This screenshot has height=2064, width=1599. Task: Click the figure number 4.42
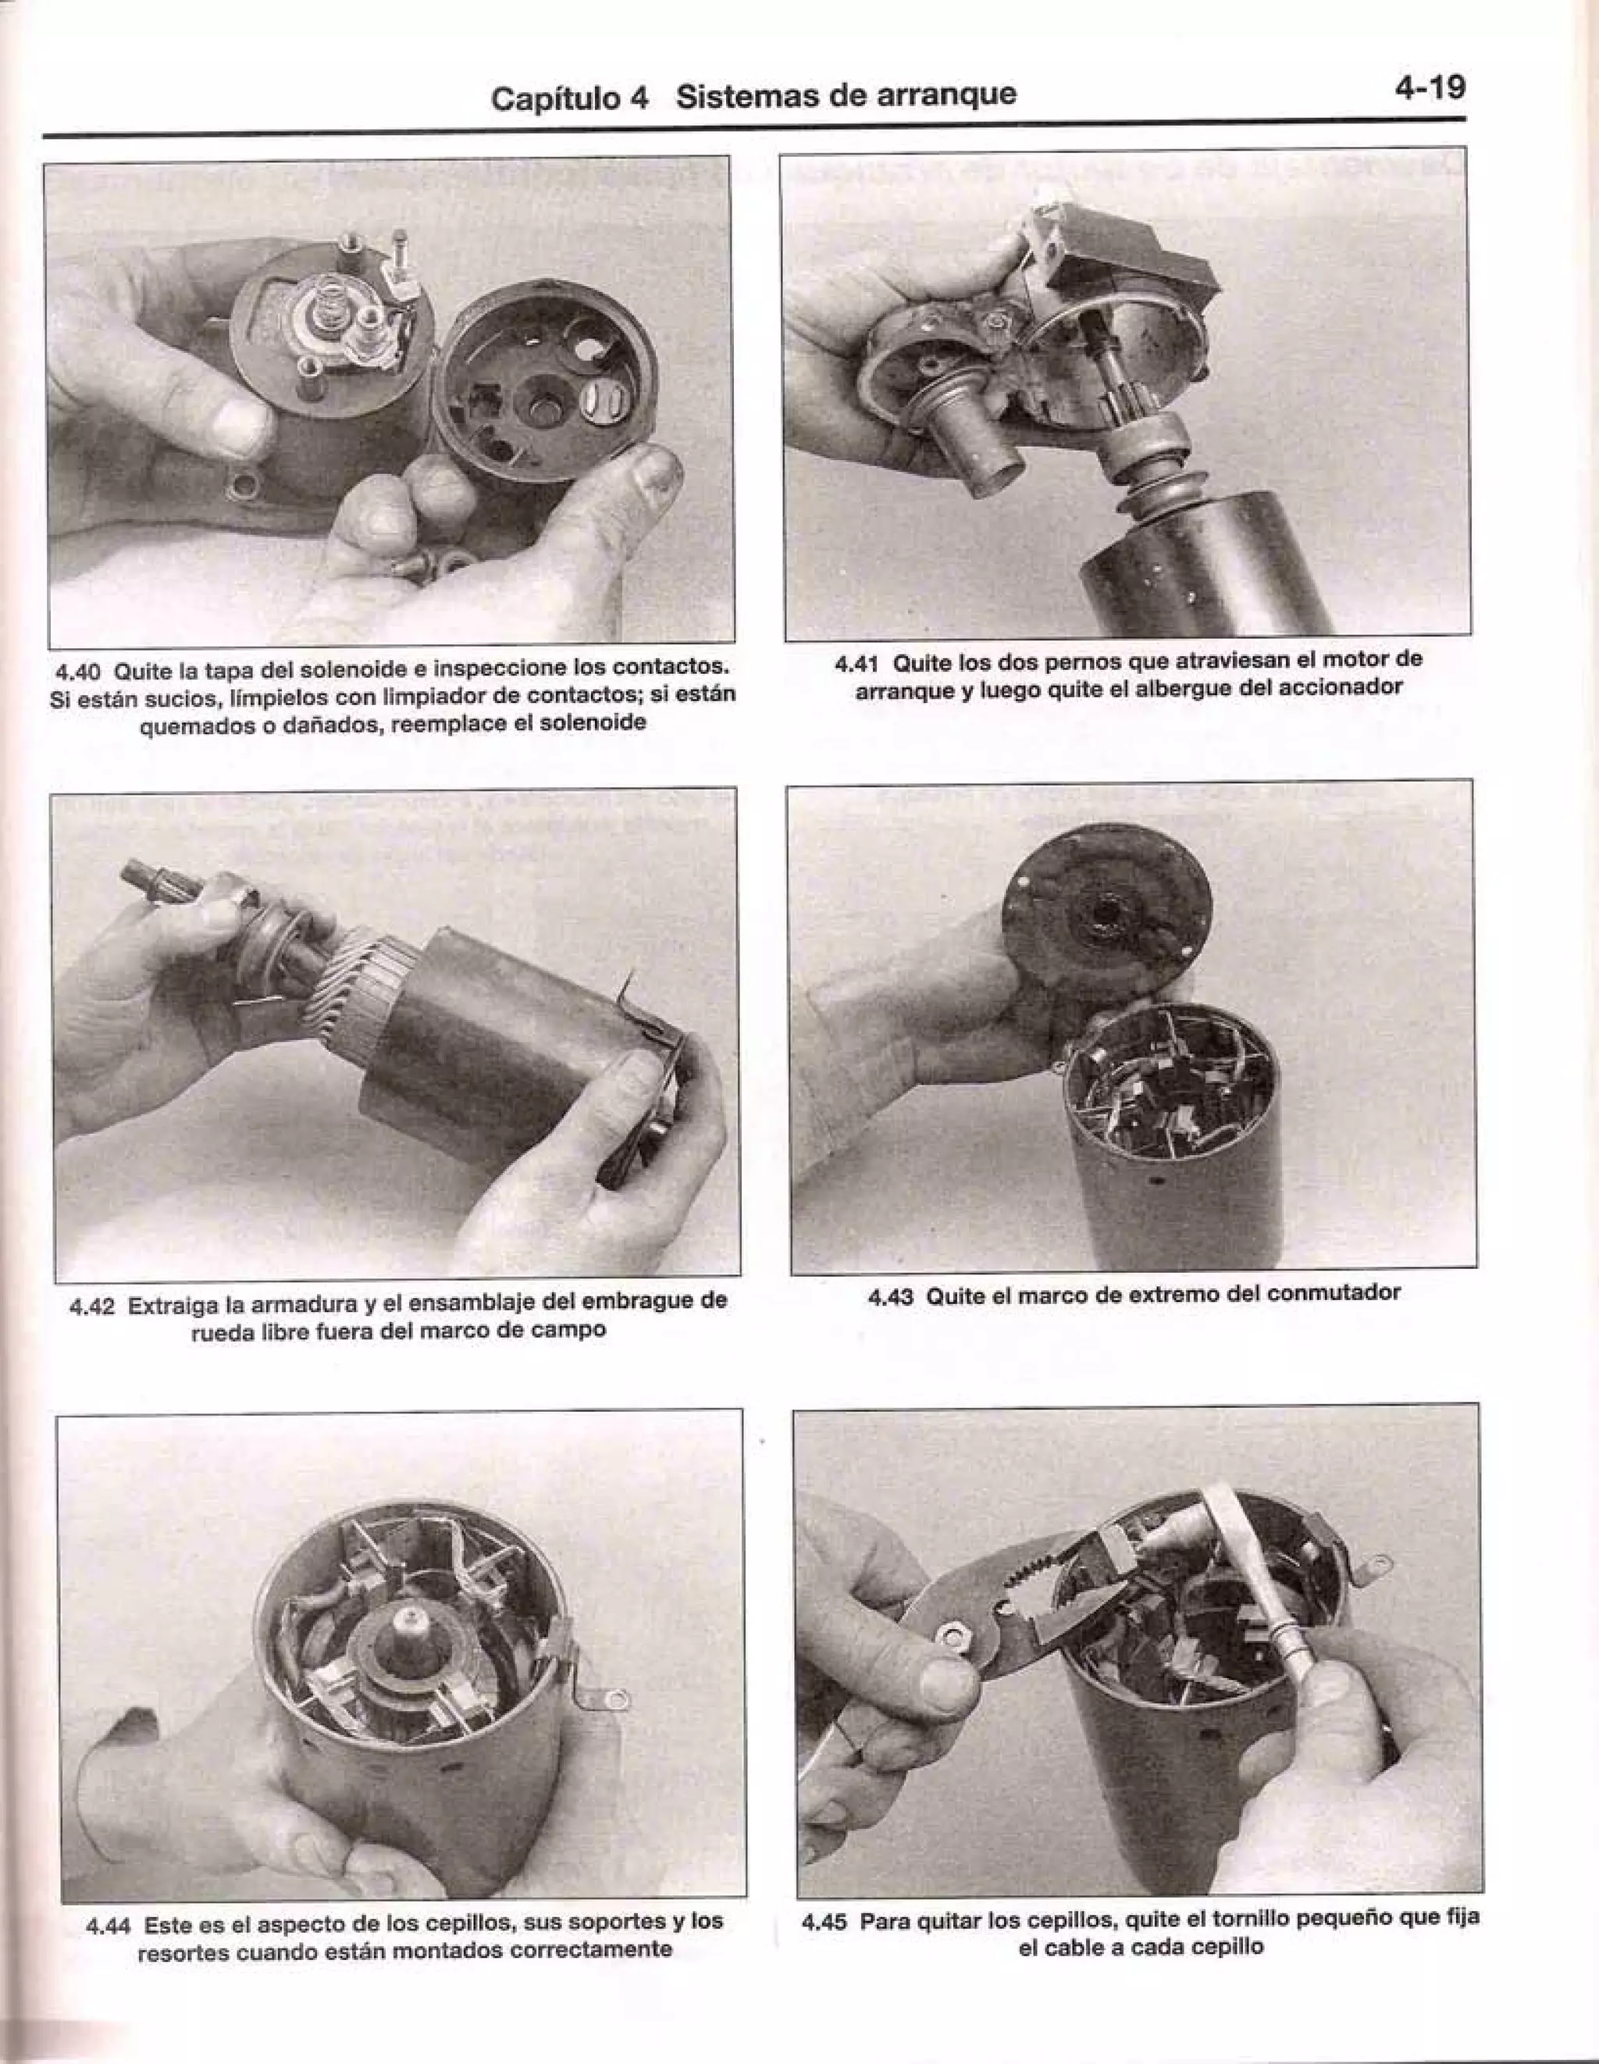[x=93, y=1306]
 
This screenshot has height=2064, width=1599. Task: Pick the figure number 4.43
[x=891, y=1294]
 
